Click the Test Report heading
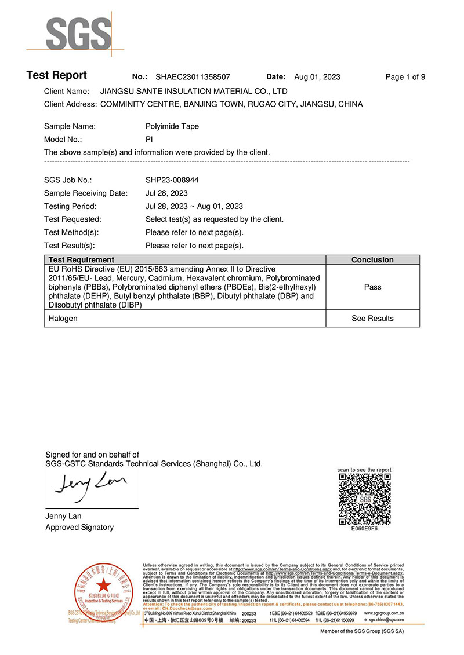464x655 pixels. [x=56, y=75]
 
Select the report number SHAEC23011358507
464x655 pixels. [x=193, y=77]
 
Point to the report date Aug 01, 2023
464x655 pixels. [x=317, y=77]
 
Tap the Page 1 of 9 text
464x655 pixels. [x=405, y=77]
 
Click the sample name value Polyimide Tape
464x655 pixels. [x=172, y=126]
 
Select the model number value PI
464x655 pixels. [x=149, y=140]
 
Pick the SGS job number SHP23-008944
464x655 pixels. [x=172, y=180]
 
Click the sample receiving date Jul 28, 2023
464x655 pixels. [x=166, y=193]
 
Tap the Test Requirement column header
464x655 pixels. [x=81, y=260]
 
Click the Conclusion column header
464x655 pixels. [x=372, y=260]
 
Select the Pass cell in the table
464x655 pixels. [x=372, y=287]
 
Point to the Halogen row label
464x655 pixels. [x=63, y=319]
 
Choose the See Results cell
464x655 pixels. [x=372, y=319]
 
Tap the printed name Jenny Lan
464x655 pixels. [x=63, y=516]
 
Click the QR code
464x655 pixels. [x=364, y=499]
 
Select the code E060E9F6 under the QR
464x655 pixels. [x=364, y=529]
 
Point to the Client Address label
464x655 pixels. [x=70, y=104]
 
